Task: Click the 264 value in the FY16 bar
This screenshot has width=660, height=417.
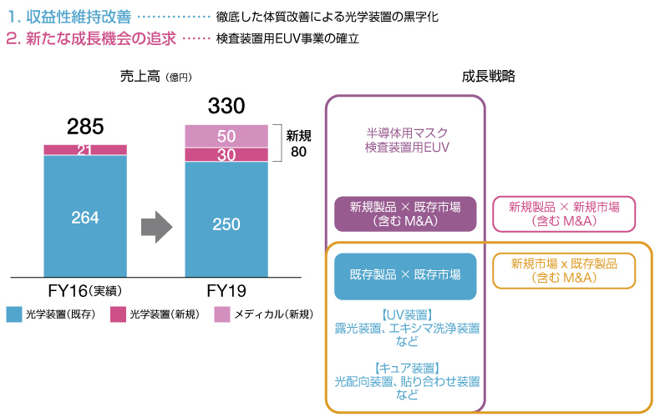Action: click(85, 218)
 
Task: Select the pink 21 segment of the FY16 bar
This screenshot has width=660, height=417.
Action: click(85, 150)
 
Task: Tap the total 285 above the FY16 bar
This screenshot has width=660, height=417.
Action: click(85, 127)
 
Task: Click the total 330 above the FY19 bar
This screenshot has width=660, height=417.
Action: click(226, 107)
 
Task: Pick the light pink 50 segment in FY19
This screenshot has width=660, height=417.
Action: click(226, 136)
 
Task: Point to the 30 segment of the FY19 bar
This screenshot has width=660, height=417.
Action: click(226, 155)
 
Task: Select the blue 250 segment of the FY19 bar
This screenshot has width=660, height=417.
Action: click(226, 224)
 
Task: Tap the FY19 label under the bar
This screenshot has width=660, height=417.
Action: click(226, 291)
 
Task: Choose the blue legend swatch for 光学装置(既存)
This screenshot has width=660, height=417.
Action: click(14, 314)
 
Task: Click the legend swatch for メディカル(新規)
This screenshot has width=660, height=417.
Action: click(222, 314)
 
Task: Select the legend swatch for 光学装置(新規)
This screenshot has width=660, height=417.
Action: click(118, 314)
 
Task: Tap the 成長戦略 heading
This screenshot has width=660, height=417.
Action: click(488, 76)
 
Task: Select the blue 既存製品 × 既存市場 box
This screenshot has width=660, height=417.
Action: click(405, 275)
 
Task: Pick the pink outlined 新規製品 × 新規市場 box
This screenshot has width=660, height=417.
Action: click(564, 214)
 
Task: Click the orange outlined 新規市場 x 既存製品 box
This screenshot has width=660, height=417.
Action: click(564, 270)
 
